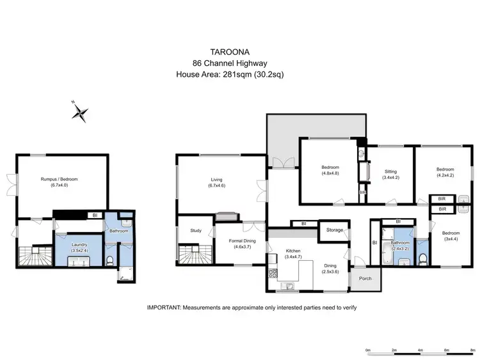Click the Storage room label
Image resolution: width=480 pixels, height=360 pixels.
click(335, 230)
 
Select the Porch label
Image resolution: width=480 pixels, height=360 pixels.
click(365, 278)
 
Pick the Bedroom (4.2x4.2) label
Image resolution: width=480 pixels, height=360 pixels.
click(445, 171)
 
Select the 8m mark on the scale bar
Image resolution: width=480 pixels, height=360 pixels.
click(472, 350)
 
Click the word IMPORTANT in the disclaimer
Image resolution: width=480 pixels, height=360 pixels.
click(164, 308)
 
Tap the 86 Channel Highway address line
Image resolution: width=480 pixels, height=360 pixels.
click(229, 62)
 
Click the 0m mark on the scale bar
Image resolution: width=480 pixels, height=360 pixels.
click(368, 350)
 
